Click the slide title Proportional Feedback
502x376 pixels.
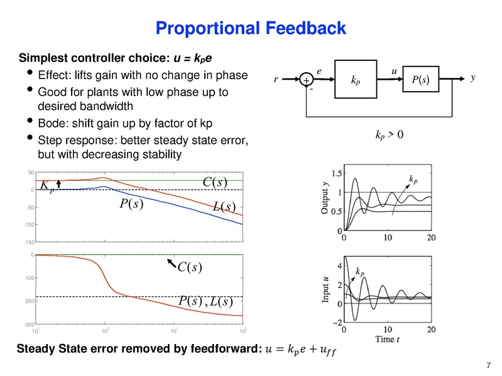(x=251, y=28)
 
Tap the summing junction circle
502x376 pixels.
(x=306, y=81)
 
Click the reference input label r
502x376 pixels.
(x=276, y=80)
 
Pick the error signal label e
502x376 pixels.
(x=319, y=72)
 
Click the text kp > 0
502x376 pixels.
(x=385, y=135)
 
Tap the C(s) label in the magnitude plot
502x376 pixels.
(x=215, y=182)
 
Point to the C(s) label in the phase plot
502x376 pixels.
(x=190, y=268)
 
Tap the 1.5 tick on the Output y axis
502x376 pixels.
(x=336, y=173)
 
